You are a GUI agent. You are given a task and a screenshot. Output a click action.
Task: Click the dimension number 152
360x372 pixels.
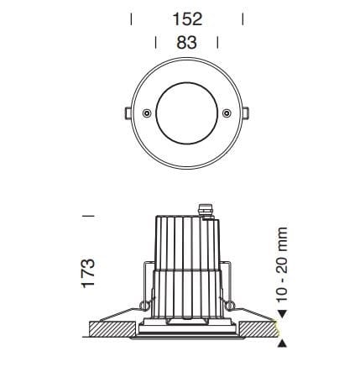click(186, 19)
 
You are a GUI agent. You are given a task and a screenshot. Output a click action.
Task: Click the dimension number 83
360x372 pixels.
click(186, 42)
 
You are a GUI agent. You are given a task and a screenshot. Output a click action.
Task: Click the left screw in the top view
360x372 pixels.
click(147, 113)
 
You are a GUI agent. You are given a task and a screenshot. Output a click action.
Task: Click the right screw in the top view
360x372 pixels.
click(226, 113)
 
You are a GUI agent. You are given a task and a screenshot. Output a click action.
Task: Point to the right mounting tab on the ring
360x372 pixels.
click(248, 113)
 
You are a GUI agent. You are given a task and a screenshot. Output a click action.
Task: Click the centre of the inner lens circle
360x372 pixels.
click(186, 113)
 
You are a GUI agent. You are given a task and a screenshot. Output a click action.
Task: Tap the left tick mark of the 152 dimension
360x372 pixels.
click(132, 19)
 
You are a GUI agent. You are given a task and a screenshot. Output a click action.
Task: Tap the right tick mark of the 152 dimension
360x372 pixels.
click(242, 19)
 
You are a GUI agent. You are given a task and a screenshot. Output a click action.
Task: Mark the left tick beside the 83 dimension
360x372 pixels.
click(157, 43)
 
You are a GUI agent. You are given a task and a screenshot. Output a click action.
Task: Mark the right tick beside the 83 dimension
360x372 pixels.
click(217, 43)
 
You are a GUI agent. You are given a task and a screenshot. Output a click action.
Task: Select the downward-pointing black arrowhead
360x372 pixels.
click(282, 315)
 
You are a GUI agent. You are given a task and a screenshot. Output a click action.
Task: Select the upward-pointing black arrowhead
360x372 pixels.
click(282, 343)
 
